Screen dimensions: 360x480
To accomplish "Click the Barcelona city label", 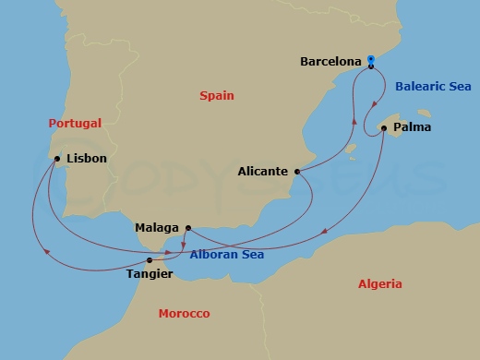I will [330, 63].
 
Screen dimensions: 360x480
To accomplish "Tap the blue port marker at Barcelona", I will [370, 61].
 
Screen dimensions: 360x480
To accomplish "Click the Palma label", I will [412, 126].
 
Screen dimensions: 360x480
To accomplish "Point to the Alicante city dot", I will [297, 171].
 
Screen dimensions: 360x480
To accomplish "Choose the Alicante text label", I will [263, 171].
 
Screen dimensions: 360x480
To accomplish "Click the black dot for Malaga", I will [187, 227].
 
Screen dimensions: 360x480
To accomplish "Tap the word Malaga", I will [157, 227].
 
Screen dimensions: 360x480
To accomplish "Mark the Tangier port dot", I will [149, 260].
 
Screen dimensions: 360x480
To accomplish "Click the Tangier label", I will [148, 273].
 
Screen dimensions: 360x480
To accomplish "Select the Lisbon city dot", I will [57, 159].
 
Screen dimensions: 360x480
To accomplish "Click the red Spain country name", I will [217, 95].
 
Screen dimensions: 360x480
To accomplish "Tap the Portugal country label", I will [76, 123].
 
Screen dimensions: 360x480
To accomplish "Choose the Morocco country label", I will [184, 314].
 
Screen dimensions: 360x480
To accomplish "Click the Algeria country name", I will [379, 284].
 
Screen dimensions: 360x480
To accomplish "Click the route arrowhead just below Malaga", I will [184, 245].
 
